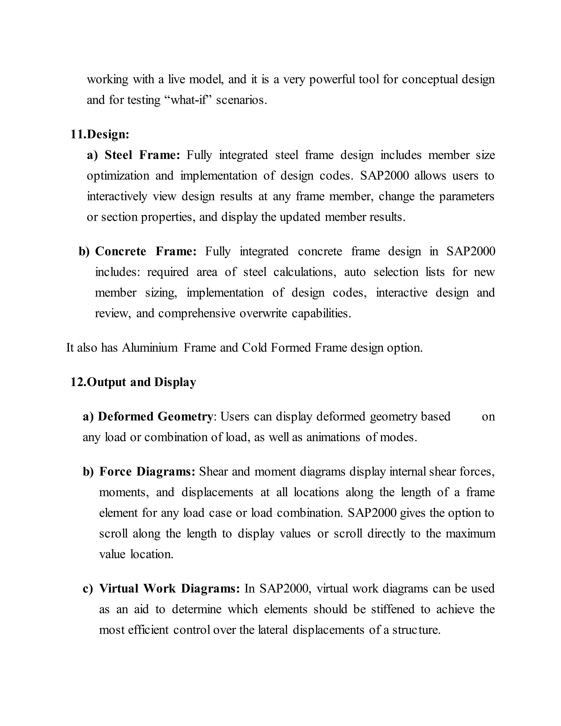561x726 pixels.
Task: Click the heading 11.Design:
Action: coord(100,134)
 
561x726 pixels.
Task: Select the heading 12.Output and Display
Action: coord(133,382)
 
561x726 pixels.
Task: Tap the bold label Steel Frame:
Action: coord(142,155)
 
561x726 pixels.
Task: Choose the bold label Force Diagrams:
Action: coord(147,471)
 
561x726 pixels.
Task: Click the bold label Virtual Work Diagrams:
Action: coord(170,588)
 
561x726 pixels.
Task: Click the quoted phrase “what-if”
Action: coord(188,100)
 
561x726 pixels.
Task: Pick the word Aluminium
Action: coord(150,348)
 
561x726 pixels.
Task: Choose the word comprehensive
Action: coord(197,313)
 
